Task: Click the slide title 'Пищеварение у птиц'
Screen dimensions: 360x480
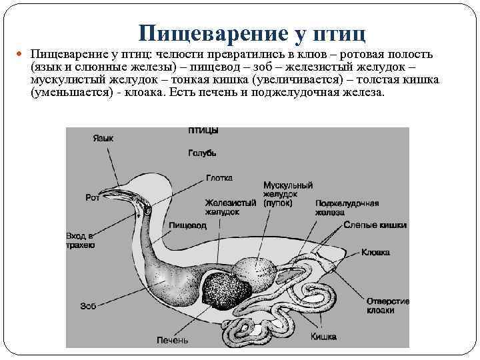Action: (x=253, y=33)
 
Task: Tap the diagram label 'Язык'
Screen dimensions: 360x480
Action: (x=103, y=139)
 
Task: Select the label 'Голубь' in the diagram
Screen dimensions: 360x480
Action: (x=202, y=153)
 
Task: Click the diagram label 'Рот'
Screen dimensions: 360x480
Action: (x=93, y=197)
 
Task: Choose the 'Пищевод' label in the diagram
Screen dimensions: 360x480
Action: (x=187, y=226)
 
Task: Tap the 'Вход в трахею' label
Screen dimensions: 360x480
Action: (x=80, y=241)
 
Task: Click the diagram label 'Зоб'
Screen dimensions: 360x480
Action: (x=88, y=306)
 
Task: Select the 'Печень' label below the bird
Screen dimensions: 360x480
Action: (x=172, y=340)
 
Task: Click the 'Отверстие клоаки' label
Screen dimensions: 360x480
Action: (x=389, y=305)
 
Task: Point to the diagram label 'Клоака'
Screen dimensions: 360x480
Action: (x=375, y=253)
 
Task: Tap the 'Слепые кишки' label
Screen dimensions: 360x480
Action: (x=375, y=226)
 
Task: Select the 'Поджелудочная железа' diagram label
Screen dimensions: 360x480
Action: (x=347, y=207)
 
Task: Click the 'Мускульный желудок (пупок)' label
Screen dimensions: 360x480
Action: (x=287, y=193)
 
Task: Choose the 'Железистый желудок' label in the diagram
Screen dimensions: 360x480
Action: (x=231, y=207)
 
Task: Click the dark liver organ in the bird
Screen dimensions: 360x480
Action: (x=227, y=290)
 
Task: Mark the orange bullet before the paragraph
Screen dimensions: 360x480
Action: (x=23, y=54)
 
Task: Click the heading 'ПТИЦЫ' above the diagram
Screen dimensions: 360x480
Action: (x=202, y=131)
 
